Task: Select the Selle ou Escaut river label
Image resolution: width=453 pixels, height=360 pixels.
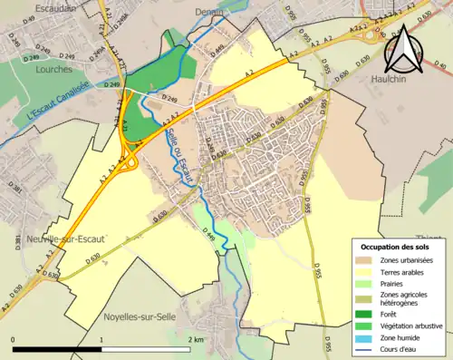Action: [179, 157]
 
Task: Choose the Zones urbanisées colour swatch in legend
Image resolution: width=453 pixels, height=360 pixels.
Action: [364, 260]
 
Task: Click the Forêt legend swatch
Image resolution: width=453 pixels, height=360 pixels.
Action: [364, 314]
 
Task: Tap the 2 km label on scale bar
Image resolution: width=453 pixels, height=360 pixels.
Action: [195, 339]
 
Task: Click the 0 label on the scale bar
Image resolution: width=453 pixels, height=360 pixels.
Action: [14, 339]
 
